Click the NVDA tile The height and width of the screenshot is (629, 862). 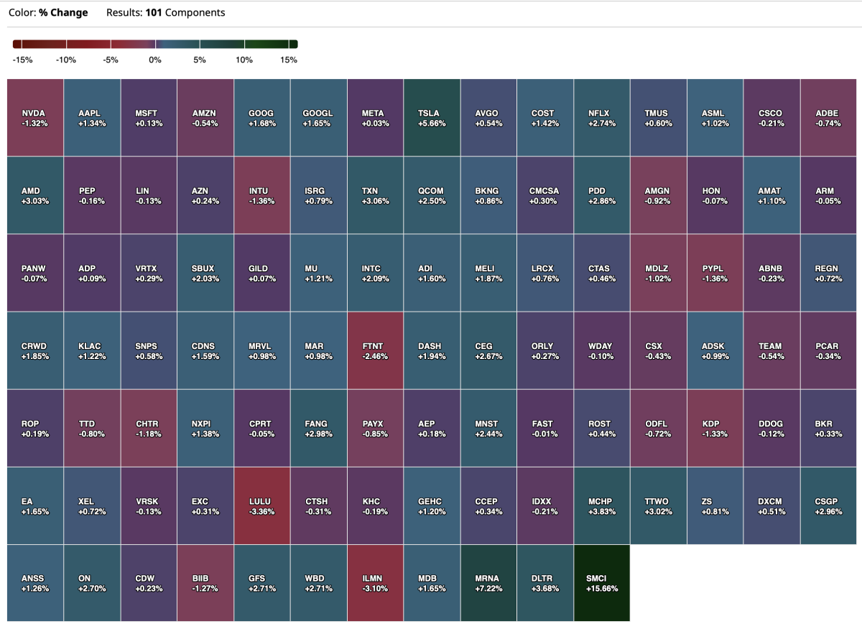35,118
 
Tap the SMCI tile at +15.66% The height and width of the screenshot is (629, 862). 602,583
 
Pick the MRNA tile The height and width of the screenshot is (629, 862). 488,583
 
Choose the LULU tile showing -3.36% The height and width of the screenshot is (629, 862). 261,505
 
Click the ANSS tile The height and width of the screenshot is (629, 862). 35,583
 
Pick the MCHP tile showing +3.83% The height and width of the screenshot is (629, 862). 602,505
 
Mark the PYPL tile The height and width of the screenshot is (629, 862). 715,273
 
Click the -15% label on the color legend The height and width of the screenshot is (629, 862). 22,60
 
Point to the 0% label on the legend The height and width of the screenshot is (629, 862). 155,60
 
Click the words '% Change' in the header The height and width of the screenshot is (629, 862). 63,13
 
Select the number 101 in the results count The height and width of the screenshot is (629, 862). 153,13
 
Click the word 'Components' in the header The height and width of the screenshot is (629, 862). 195,13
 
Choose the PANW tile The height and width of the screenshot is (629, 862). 35,273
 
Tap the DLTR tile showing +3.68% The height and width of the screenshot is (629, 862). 545,583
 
